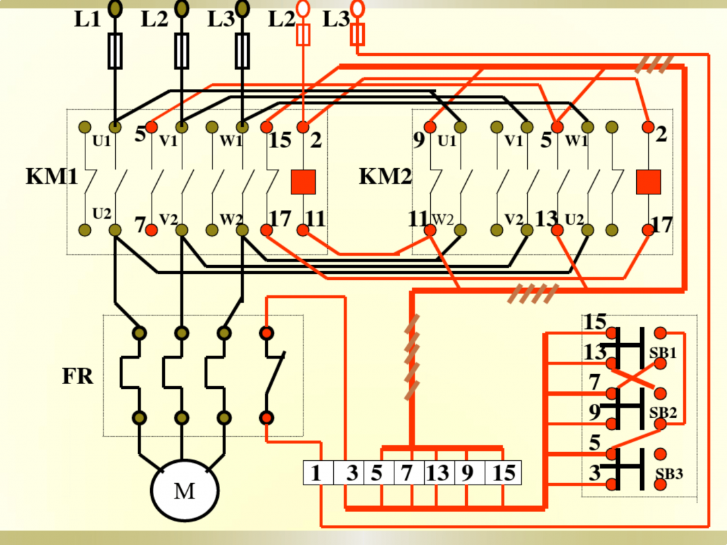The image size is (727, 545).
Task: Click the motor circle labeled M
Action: (184, 490)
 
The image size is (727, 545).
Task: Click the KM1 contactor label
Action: (52, 178)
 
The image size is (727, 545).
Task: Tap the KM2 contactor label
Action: (384, 178)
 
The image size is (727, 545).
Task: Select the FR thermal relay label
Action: (77, 377)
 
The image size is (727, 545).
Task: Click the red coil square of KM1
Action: (303, 182)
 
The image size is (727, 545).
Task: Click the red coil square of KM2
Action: (648, 182)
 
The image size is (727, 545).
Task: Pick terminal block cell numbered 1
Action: (316, 473)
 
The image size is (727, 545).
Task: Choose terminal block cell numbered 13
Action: (437, 473)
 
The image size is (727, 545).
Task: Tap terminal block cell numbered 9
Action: (467, 473)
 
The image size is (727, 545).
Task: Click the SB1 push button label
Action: (662, 352)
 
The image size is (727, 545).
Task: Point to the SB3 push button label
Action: (669, 474)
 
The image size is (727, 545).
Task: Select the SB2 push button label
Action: (662, 412)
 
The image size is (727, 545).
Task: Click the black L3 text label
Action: (221, 20)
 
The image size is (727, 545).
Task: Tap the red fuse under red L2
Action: (304, 34)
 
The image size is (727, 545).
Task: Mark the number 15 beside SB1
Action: (594, 322)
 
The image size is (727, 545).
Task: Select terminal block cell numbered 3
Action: (352, 473)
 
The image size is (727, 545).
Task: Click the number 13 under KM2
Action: (547, 219)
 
